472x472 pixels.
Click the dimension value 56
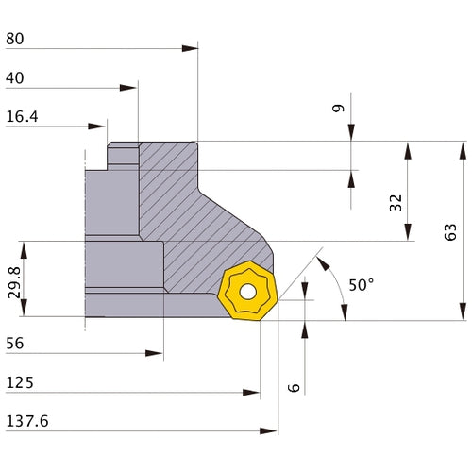coord(16,345)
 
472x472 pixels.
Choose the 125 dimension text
coord(20,383)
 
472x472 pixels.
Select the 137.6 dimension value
coord(26,422)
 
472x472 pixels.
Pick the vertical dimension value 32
coord(396,202)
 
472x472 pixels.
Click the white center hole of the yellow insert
coord(247,292)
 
